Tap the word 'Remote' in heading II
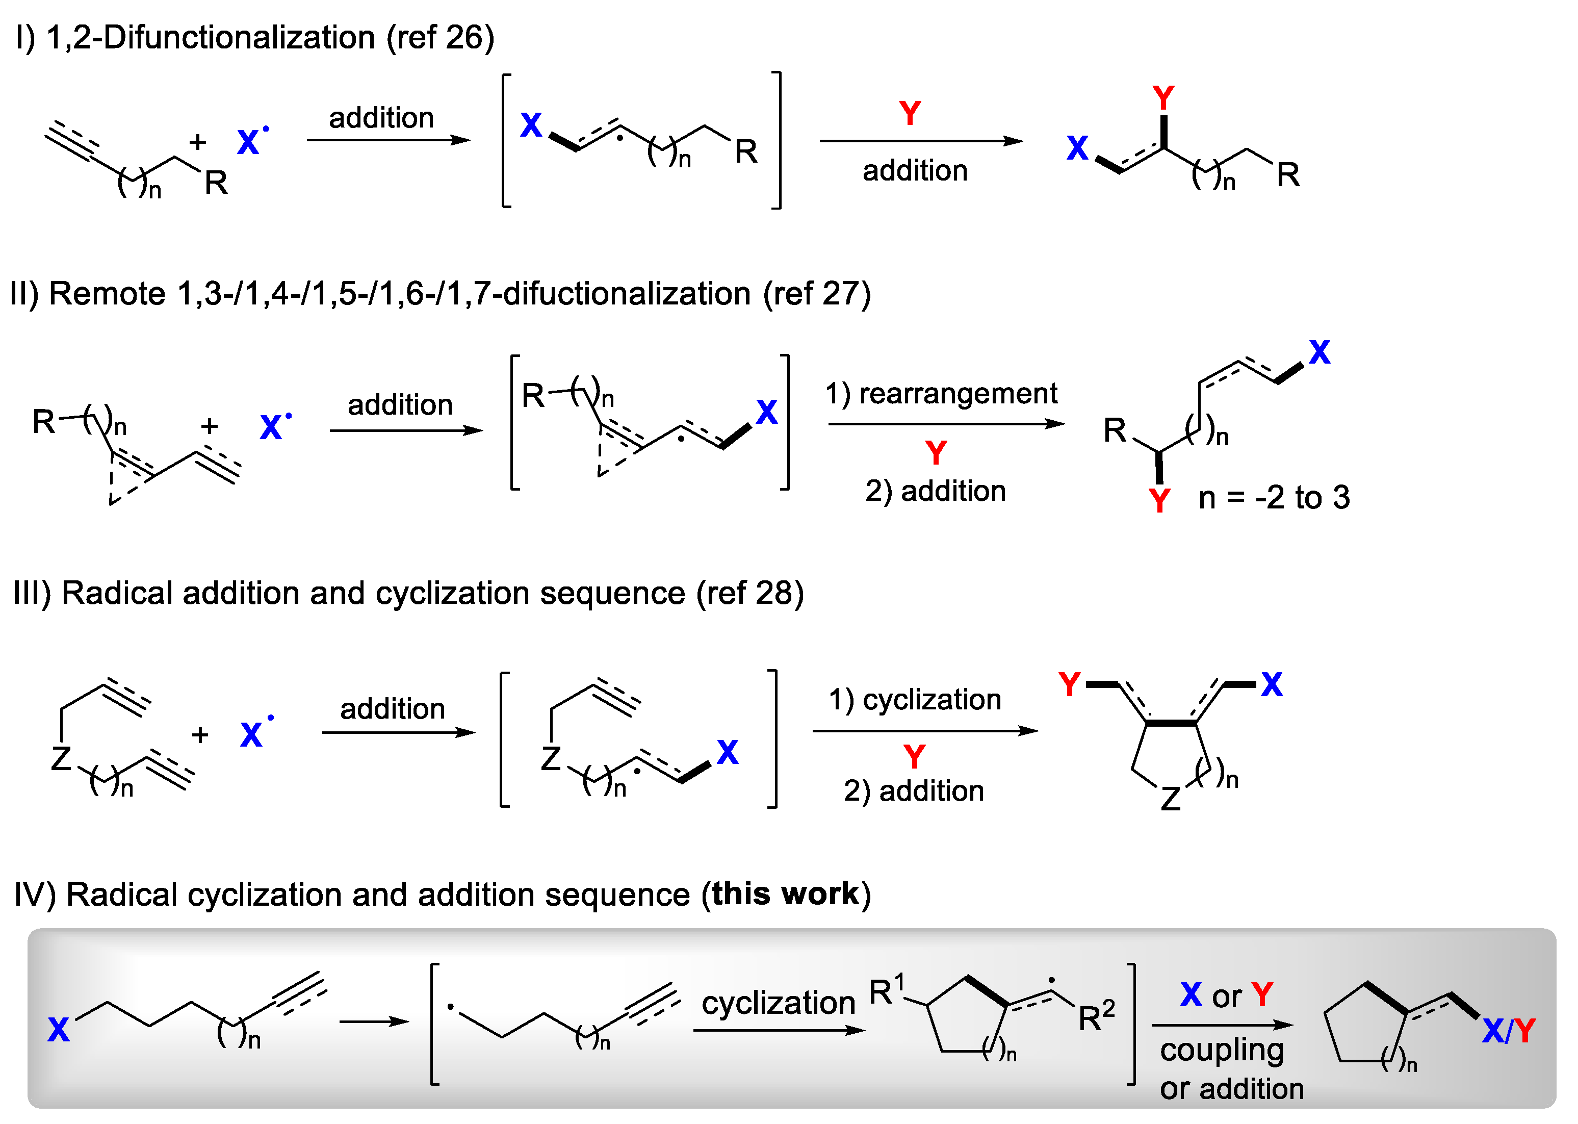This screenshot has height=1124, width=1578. [x=107, y=294]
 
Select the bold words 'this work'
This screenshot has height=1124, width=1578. [x=785, y=893]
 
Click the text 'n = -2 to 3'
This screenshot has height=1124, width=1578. [x=1273, y=498]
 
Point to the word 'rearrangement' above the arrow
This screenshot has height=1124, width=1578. [x=958, y=394]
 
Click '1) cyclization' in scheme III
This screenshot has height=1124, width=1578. [x=915, y=700]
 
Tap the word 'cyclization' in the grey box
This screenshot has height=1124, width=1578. [x=778, y=1003]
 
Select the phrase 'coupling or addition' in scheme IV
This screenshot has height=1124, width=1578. [x=1231, y=1068]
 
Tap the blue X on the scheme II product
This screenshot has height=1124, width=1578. [x=1318, y=353]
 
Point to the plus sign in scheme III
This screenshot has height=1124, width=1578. [x=200, y=735]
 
